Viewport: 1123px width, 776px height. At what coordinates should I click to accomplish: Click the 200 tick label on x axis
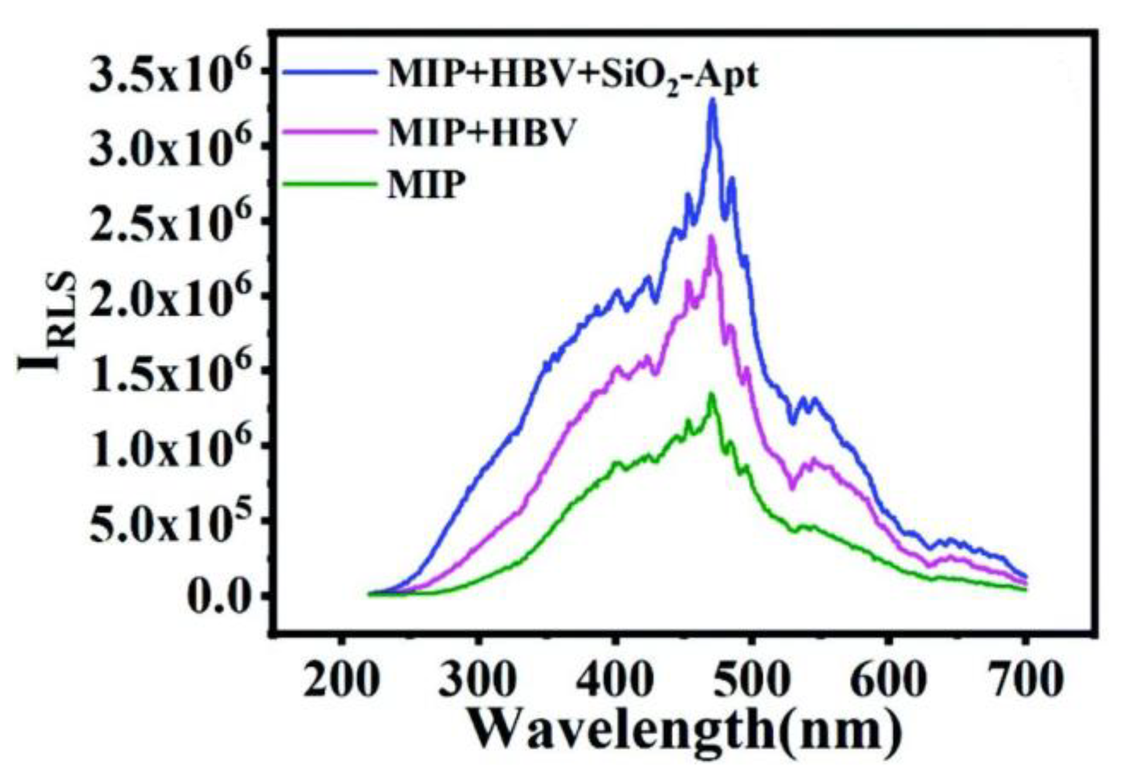(341, 680)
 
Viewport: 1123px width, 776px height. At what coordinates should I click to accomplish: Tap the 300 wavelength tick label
(479, 680)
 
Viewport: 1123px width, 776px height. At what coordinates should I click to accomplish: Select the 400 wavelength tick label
(615, 680)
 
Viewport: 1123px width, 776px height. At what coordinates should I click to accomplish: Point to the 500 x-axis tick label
(752, 680)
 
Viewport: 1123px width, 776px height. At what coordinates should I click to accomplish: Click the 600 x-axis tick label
(888, 680)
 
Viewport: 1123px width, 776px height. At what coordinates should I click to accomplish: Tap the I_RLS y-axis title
(48, 322)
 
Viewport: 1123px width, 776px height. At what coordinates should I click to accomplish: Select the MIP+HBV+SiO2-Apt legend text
(573, 75)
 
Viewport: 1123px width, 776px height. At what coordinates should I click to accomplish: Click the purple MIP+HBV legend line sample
(331, 131)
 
